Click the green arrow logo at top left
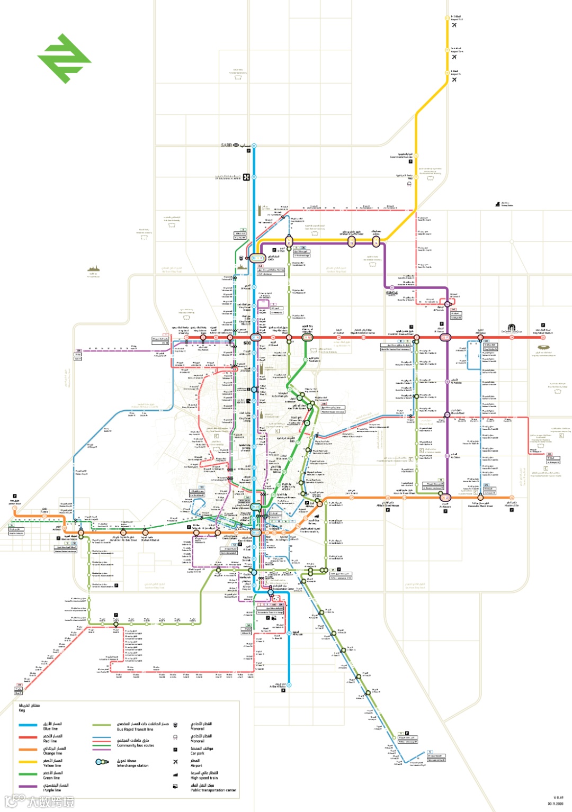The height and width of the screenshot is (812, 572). pyautogui.click(x=64, y=58)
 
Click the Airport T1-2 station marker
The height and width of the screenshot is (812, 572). pyautogui.click(x=447, y=18)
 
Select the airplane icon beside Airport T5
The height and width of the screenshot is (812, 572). pyautogui.click(x=454, y=80)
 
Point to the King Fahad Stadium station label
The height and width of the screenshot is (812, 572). pyautogui.click(x=542, y=332)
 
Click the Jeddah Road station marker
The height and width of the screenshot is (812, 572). pyautogui.click(x=15, y=508)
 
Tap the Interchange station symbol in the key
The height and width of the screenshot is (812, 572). pyautogui.click(x=102, y=762)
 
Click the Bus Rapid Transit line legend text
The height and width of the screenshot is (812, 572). pyautogui.click(x=135, y=729)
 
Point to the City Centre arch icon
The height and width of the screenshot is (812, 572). pyautogui.click(x=511, y=328)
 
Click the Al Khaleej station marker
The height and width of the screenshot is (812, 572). pyautogui.click(x=480, y=337)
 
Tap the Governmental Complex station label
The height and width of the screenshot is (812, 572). pyautogui.click(x=401, y=156)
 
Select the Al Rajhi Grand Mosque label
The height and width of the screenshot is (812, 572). pyautogui.click(x=388, y=504)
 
